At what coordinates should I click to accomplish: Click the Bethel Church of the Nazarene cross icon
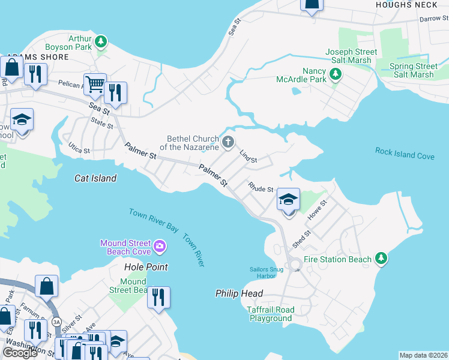(x=228, y=142)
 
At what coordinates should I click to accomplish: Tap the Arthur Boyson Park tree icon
(x=102, y=41)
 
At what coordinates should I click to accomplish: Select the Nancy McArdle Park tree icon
(x=336, y=75)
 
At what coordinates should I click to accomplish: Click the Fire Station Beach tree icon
(x=380, y=259)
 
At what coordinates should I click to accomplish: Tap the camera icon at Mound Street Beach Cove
(x=160, y=245)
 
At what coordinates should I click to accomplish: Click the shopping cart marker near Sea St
(x=95, y=84)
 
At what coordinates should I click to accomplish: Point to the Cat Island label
(x=95, y=178)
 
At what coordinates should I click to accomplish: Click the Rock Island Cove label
(x=405, y=153)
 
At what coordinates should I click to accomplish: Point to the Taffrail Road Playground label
(x=270, y=314)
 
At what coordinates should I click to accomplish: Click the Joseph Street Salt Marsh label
(x=352, y=56)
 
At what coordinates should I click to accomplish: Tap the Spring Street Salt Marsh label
(x=413, y=70)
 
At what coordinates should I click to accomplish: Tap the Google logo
(x=20, y=353)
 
